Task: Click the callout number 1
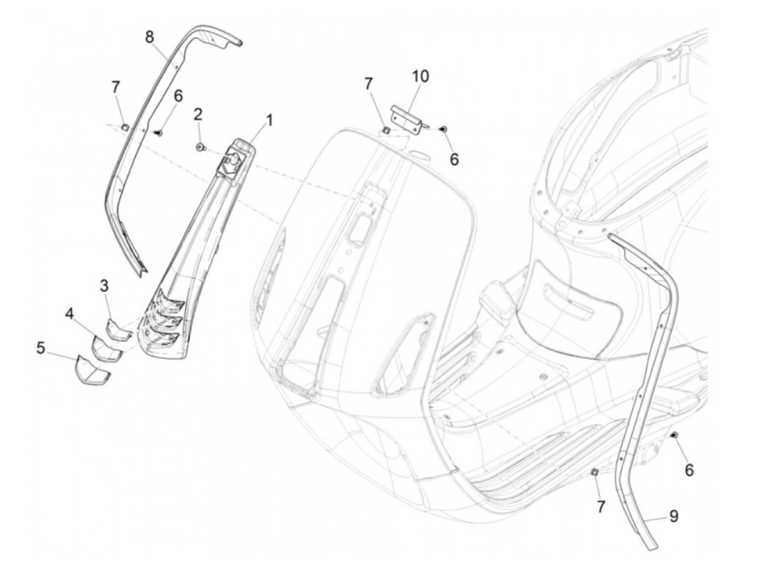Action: click(x=269, y=120)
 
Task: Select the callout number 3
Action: click(x=104, y=285)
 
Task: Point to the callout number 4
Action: click(x=69, y=314)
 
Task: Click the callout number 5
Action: click(x=41, y=348)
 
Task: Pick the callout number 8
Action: click(x=150, y=37)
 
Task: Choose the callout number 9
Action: click(x=673, y=516)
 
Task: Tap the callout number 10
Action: click(x=421, y=76)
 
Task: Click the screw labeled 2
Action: click(x=200, y=146)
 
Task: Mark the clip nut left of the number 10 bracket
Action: click(x=386, y=130)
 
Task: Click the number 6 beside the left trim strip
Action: click(x=162, y=95)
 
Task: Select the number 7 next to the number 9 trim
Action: click(x=601, y=507)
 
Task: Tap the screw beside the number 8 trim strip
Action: click(x=157, y=131)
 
